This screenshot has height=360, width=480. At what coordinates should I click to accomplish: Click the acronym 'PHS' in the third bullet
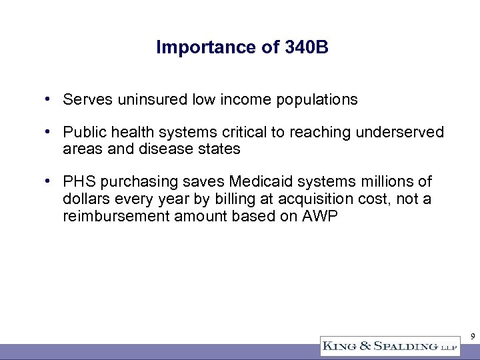coord(77,182)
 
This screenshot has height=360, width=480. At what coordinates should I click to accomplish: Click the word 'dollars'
coord(85,198)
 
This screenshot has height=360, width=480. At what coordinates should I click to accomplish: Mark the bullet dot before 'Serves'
coord(49,100)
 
